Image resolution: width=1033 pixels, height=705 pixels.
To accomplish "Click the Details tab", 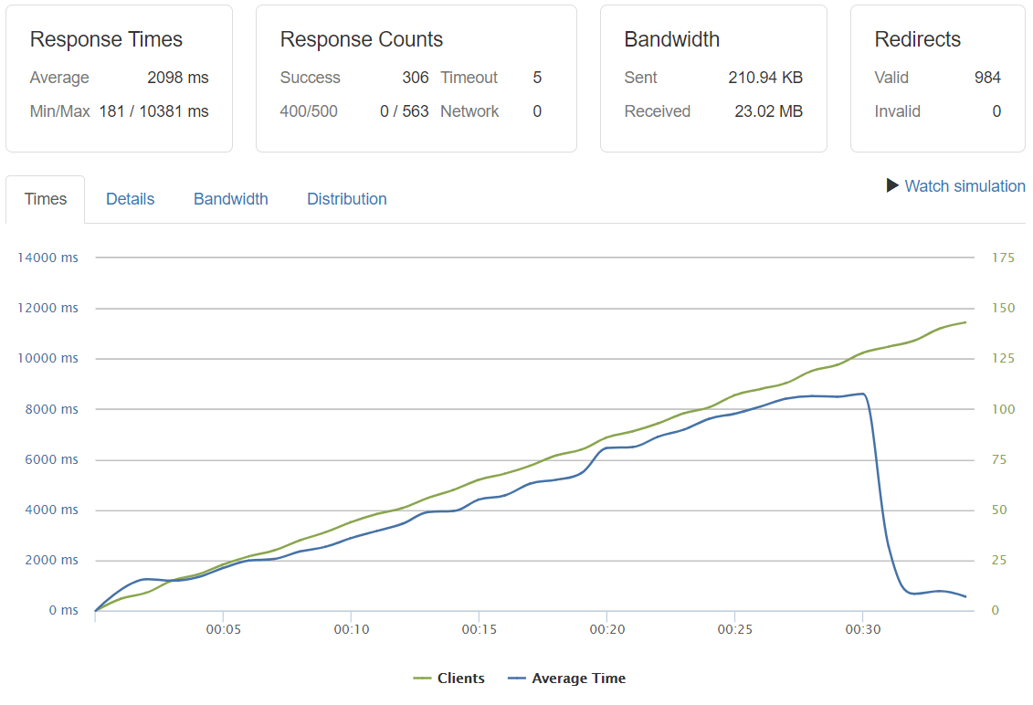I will tap(130, 199).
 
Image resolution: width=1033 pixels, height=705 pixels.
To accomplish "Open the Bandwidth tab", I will tap(230, 199).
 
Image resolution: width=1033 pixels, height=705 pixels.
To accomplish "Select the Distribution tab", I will tap(346, 199).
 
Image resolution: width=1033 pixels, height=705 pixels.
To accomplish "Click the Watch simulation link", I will tap(964, 186).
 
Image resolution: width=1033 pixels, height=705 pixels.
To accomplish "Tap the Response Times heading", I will tap(106, 40).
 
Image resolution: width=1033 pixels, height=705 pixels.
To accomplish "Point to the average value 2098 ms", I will tap(178, 78).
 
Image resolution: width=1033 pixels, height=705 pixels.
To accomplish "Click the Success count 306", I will tap(416, 78).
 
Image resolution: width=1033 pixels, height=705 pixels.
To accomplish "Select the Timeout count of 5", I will tap(537, 78).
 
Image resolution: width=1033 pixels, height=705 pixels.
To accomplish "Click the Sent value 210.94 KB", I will tap(765, 78).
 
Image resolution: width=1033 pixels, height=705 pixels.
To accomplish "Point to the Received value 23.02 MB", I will tap(768, 111).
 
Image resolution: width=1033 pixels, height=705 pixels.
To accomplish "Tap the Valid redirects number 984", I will tap(987, 78).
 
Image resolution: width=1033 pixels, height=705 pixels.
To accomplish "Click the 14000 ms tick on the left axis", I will tap(47, 258).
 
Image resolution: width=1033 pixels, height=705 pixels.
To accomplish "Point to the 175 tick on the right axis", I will tap(1003, 258).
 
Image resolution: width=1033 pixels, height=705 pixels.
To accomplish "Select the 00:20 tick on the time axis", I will tap(606, 629).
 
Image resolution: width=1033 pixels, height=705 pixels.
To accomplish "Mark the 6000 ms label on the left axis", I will tap(50, 460).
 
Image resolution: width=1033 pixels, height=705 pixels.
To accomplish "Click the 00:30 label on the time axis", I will tap(862, 629).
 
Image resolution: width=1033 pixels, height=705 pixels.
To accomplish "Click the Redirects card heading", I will tap(917, 40).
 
